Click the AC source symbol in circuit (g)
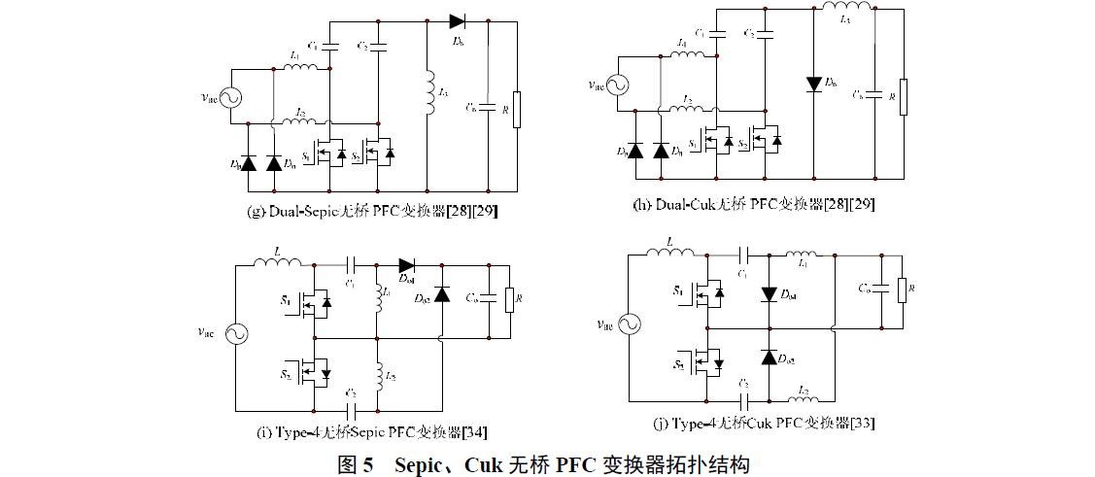pos(232,96)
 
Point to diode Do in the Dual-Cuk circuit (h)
pos(813,84)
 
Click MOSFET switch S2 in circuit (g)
pos(382,153)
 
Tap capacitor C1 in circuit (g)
pos(329,46)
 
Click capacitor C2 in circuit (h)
pos(764,34)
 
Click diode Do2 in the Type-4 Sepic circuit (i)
pos(442,294)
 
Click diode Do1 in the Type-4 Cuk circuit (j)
pos(769,293)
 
